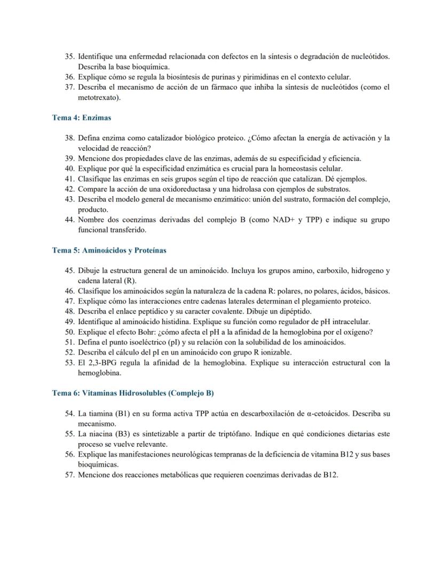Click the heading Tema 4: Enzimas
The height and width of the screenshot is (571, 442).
81,118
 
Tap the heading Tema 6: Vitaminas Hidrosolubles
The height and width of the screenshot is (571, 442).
133,393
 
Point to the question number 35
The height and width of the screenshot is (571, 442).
69,57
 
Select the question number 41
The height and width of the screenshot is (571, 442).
69,179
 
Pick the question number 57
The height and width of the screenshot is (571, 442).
69,475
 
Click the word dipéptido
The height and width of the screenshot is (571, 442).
296,311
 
